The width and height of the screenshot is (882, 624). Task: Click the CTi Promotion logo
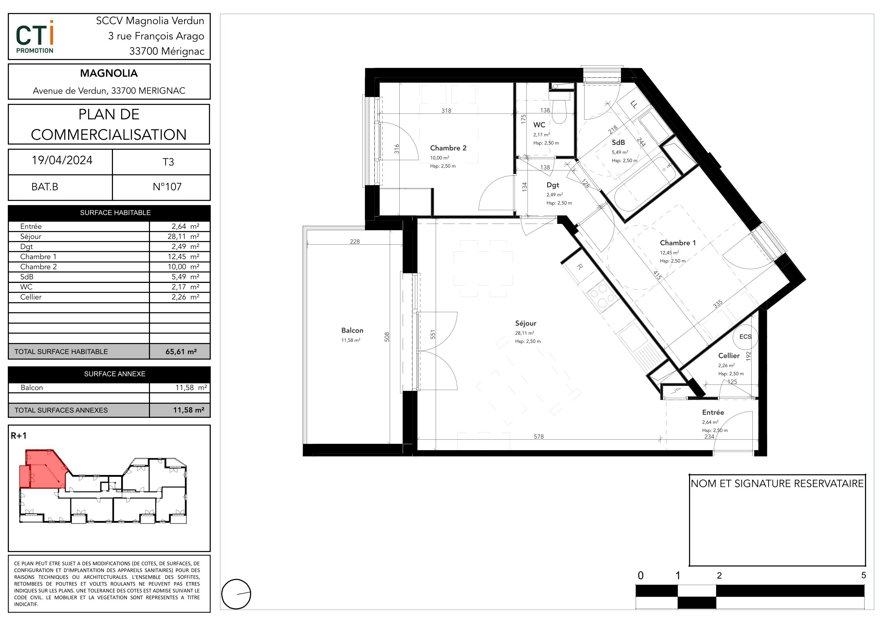pyautogui.click(x=35, y=37)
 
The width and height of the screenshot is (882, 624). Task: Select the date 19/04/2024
pyautogui.click(x=62, y=160)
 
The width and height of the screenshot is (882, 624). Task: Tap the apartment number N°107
pyautogui.click(x=167, y=187)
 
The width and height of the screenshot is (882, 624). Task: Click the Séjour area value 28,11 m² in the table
pyautogui.click(x=183, y=237)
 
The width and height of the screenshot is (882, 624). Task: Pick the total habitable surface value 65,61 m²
pyautogui.click(x=181, y=351)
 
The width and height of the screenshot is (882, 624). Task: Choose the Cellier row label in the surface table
pyautogui.click(x=31, y=297)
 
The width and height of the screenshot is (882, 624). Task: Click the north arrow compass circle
pyautogui.click(x=236, y=594)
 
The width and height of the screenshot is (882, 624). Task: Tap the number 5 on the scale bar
pyautogui.click(x=863, y=575)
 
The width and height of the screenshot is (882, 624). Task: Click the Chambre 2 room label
pyautogui.click(x=448, y=148)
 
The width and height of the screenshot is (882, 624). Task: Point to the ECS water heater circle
pyautogui.click(x=745, y=337)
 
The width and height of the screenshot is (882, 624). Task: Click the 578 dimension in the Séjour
pyautogui.click(x=539, y=436)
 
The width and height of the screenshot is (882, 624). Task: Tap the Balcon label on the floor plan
pyautogui.click(x=352, y=330)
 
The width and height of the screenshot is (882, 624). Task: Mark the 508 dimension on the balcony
pyautogui.click(x=387, y=337)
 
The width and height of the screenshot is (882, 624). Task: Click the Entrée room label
pyautogui.click(x=713, y=412)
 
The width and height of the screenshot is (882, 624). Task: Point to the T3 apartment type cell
pyautogui.click(x=168, y=162)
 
